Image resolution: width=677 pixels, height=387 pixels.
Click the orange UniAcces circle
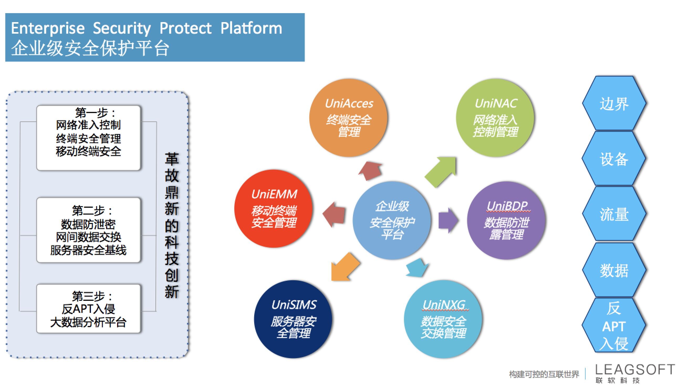[x=348, y=118]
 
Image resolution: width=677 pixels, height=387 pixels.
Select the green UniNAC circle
[x=495, y=118]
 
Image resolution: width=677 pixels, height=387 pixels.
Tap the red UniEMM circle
[x=273, y=208]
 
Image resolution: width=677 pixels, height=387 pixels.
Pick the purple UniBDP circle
[x=506, y=220]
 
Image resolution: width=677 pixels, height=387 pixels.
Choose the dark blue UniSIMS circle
[x=293, y=319]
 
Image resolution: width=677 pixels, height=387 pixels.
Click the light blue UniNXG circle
[x=443, y=319]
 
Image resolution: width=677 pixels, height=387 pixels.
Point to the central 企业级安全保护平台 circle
[x=392, y=220]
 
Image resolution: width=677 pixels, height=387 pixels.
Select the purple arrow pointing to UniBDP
[x=448, y=220]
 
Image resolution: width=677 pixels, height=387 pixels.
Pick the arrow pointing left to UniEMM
[x=334, y=214]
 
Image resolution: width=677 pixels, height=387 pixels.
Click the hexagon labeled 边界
[x=614, y=103]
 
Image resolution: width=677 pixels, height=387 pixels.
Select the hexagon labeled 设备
[x=614, y=159]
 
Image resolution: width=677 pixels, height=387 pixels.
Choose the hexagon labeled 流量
[x=614, y=214]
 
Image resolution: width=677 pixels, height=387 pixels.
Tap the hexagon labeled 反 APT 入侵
[x=614, y=325]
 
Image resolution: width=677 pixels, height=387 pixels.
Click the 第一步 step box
[x=88, y=138]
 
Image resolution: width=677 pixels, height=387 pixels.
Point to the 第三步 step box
[x=88, y=309]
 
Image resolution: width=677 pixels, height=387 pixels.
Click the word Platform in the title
[x=251, y=28]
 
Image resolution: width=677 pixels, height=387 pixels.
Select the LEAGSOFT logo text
[x=635, y=369]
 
